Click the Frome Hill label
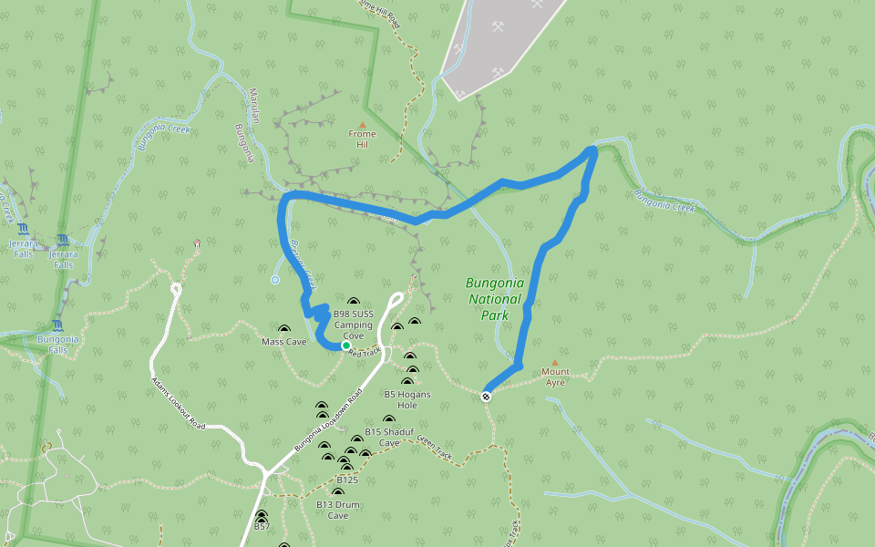point(362,139)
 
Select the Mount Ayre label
point(555,377)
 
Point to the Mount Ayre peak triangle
point(554,363)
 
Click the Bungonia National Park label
point(493,299)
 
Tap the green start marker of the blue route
point(345,346)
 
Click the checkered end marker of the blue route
point(487,396)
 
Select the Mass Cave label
point(283,342)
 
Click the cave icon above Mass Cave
point(283,329)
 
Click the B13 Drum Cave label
point(338,510)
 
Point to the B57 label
point(262,527)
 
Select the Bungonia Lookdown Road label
point(328,421)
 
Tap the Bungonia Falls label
point(58,344)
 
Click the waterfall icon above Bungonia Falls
point(58,325)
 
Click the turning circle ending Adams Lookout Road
point(176,289)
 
